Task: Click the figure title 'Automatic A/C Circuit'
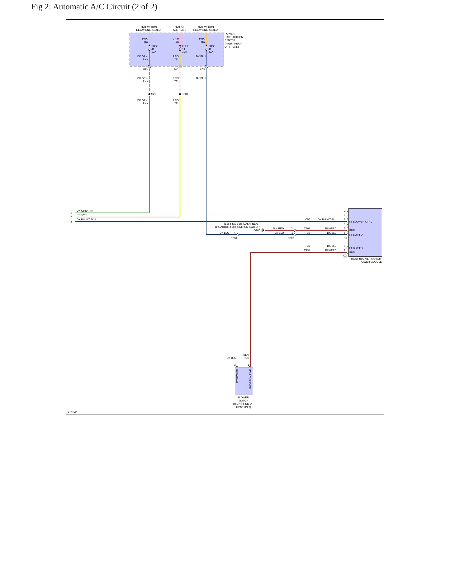(91, 7)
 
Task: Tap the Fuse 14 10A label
(185, 49)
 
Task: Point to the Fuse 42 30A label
(212, 49)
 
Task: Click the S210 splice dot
(149, 94)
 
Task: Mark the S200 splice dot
(180, 94)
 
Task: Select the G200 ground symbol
(263, 230)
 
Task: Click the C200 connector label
(234, 238)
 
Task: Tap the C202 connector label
(291, 238)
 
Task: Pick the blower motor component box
(244, 381)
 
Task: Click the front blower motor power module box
(365, 232)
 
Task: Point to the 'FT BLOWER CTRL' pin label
(360, 222)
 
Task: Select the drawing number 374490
(72, 412)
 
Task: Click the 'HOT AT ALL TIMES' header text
(180, 28)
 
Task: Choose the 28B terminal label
(145, 69)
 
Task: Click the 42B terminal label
(202, 69)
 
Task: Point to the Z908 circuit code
(307, 228)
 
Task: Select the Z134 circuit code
(307, 250)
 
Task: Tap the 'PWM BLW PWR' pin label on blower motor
(250, 379)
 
